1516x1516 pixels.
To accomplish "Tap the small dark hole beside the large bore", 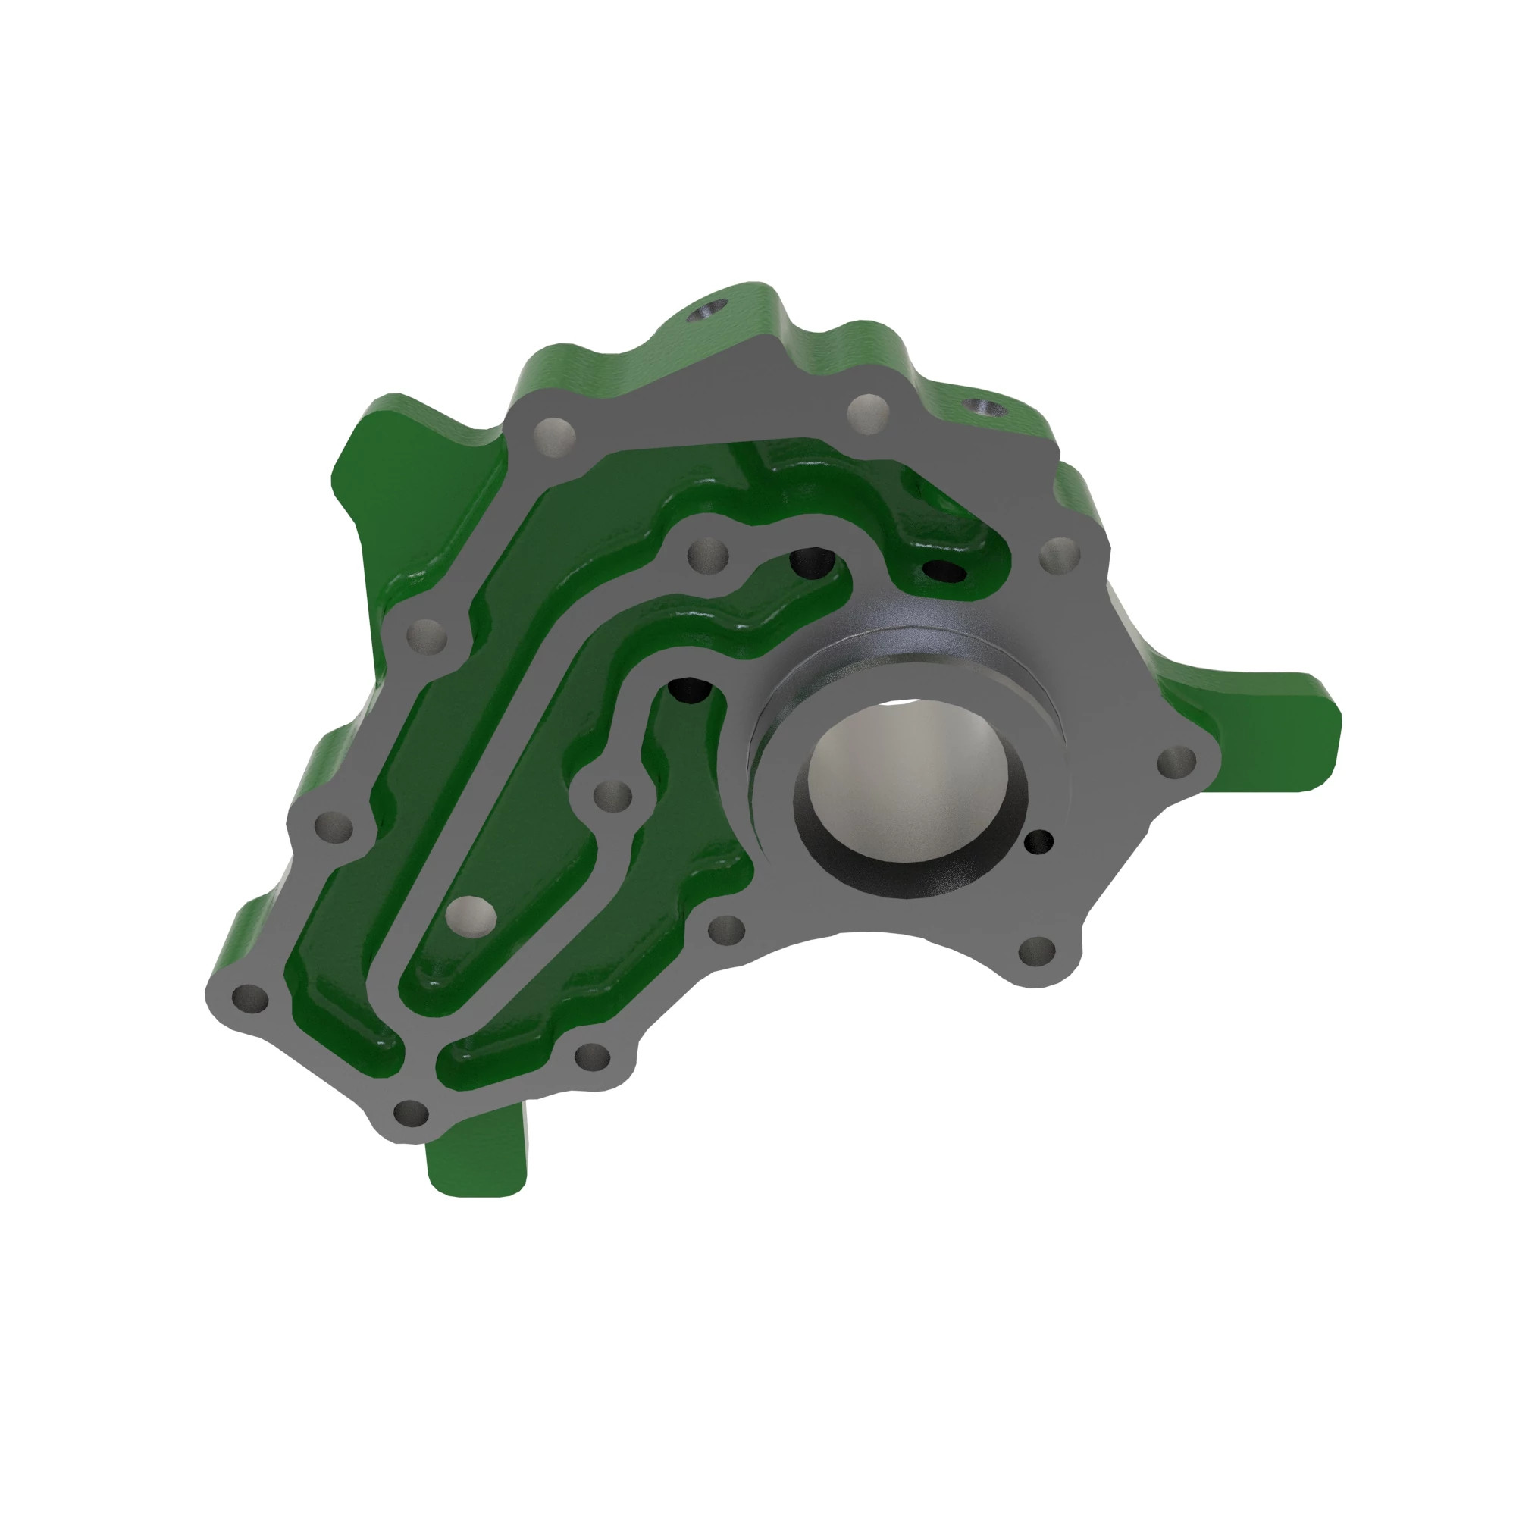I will point(1041,841).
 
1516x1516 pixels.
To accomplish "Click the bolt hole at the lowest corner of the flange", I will point(410,1113).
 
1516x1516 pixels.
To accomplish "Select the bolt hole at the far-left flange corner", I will point(249,998).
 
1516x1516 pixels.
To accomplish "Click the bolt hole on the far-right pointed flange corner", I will point(1177,760).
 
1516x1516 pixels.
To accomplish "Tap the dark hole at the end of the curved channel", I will point(812,560).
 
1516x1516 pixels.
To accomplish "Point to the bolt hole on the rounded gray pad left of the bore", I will point(612,796).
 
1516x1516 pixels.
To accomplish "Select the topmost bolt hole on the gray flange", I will point(868,411).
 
